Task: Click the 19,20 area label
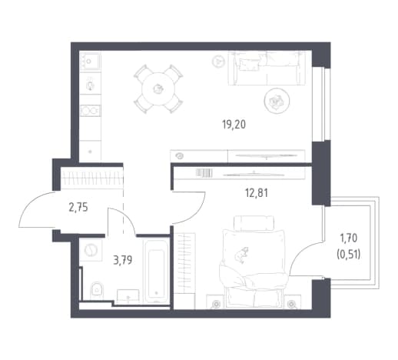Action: [x=234, y=125]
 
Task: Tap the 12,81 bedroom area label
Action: [x=257, y=193]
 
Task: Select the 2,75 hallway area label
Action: [x=78, y=208]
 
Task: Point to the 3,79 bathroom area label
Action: [x=123, y=261]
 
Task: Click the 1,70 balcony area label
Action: [x=348, y=238]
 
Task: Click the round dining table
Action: [x=158, y=89]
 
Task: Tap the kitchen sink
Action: [x=90, y=62]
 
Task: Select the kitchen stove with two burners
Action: [x=90, y=111]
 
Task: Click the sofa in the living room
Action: [x=267, y=68]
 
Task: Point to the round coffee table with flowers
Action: [x=277, y=101]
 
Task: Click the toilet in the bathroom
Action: [x=97, y=291]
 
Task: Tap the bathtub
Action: [x=156, y=272]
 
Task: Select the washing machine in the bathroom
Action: [x=91, y=250]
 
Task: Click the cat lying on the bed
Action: [x=242, y=255]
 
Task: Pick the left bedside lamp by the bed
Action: [x=217, y=304]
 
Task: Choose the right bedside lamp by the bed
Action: [x=291, y=304]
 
